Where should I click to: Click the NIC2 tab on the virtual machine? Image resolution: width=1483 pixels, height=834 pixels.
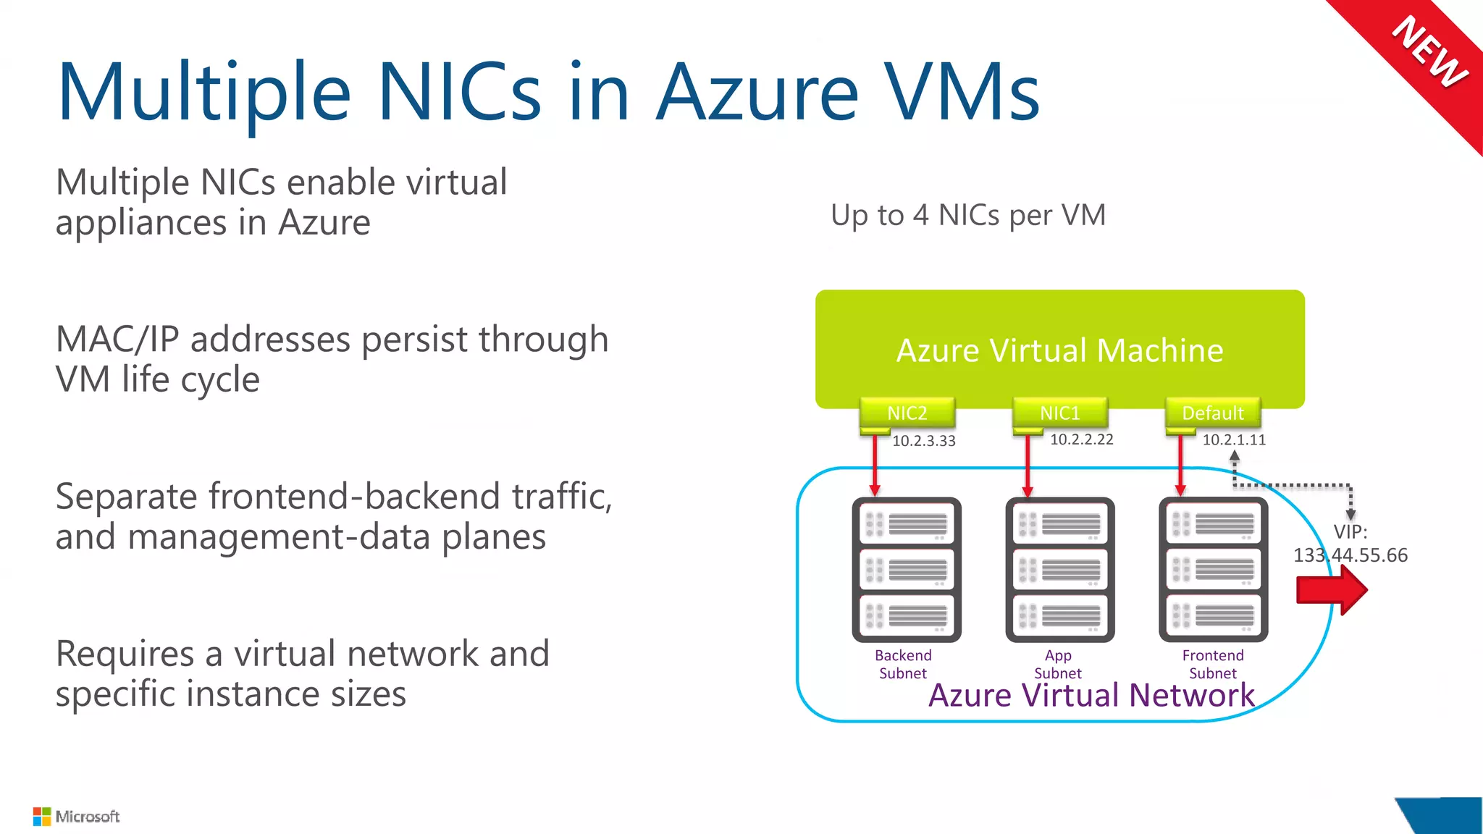pos(907,413)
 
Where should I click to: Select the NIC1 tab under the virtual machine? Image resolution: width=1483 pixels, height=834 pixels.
pos(1059,413)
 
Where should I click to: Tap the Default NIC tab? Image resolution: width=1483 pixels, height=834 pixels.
pos(1212,413)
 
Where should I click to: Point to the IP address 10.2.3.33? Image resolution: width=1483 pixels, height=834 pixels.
pos(923,441)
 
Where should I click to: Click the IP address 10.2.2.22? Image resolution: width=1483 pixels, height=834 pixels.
pos(1081,439)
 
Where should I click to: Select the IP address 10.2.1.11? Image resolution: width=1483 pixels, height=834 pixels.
pos(1234,439)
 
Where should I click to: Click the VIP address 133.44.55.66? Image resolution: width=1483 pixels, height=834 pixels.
pos(1350,555)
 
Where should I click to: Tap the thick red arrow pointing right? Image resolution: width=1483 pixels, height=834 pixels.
pos(1331,590)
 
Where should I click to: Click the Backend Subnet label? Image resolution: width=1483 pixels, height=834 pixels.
pos(903,664)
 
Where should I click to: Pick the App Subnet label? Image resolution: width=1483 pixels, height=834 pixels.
pos(1058,664)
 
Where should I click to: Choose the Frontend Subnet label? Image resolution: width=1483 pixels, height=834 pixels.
pos(1213,664)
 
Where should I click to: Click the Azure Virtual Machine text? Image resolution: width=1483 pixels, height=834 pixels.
pos(1059,350)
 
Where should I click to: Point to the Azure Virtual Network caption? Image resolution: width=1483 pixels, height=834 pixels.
pos(1091,696)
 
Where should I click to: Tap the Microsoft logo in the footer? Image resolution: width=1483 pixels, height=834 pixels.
pos(76,817)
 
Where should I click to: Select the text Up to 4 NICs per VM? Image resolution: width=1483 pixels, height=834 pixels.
pos(968,215)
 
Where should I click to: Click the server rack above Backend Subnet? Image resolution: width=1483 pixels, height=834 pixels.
pos(907,570)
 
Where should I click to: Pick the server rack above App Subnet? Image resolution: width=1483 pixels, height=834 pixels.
pos(1059,570)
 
